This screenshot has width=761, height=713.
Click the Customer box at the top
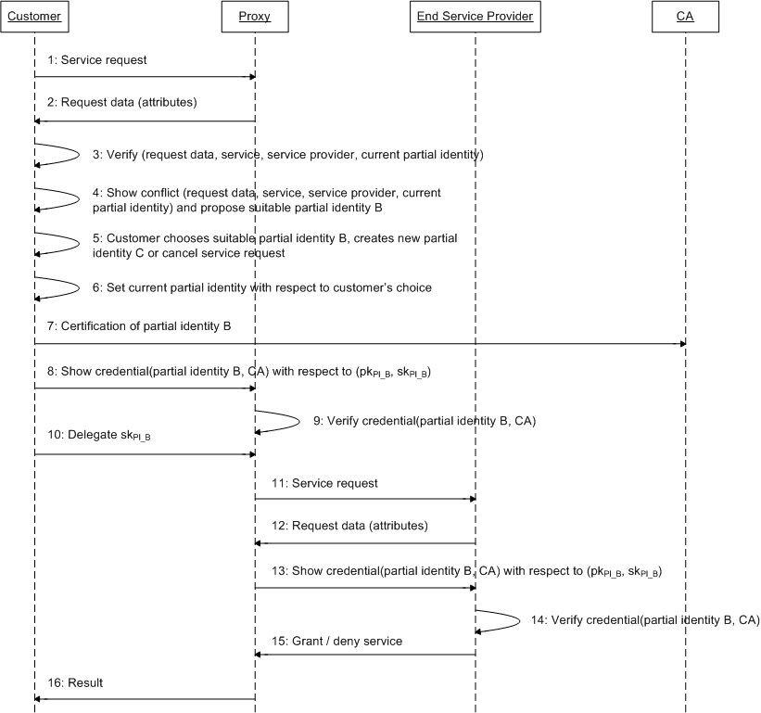click(33, 16)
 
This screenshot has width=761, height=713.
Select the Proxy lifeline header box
click(255, 16)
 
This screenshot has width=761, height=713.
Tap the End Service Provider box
click(475, 16)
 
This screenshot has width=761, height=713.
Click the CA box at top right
click(685, 16)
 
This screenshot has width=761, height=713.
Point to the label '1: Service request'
click(98, 60)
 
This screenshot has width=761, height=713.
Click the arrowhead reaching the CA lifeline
click(680, 343)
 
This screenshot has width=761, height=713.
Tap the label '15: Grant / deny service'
click(336, 641)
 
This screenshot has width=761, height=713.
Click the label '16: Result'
click(76, 683)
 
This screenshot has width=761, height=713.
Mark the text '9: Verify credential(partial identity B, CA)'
click(424, 421)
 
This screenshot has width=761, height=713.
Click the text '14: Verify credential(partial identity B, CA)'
click(646, 620)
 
